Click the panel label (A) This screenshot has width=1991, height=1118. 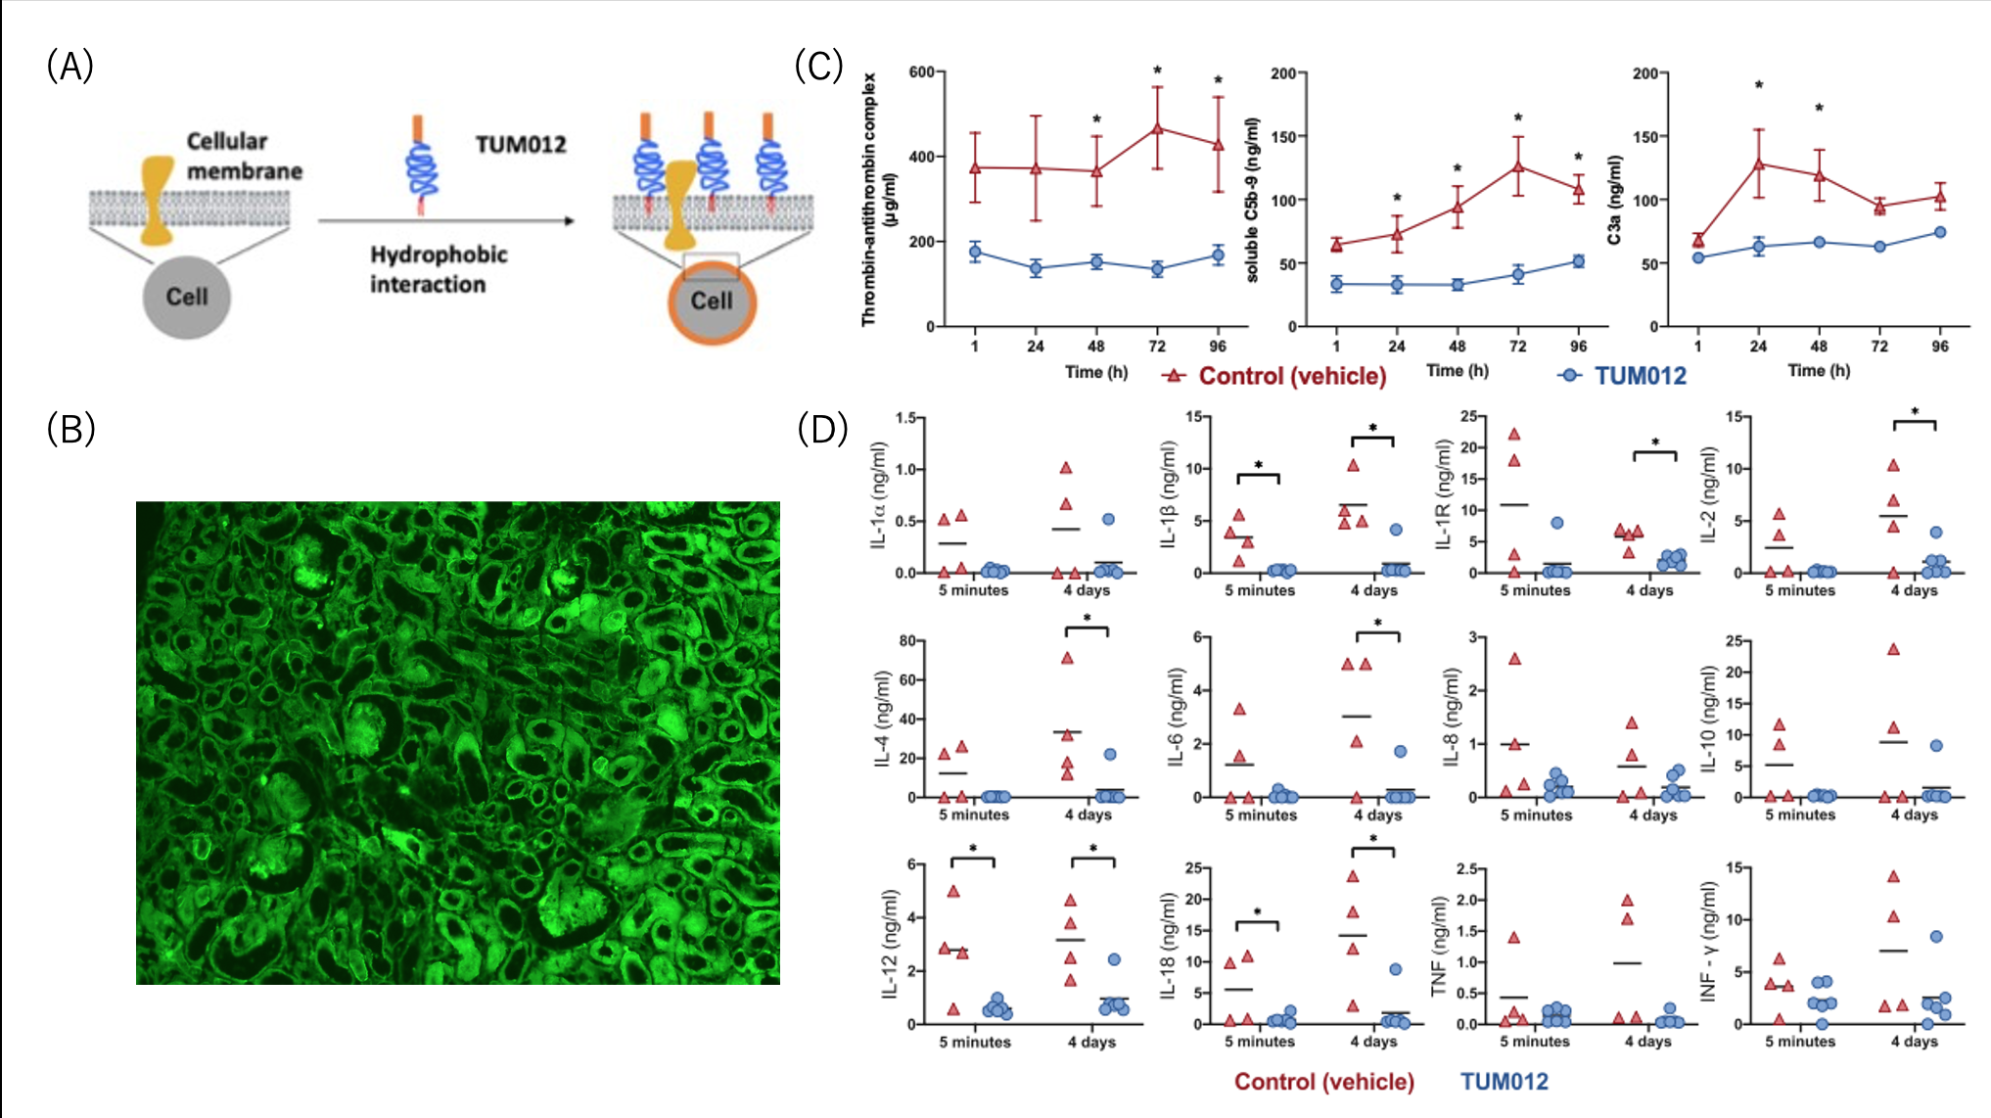pos(69,67)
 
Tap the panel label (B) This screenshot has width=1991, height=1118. pos(70,429)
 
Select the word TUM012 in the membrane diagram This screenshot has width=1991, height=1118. pos(521,145)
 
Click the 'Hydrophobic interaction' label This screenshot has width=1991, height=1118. pos(438,269)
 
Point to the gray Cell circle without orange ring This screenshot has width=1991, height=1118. pos(186,298)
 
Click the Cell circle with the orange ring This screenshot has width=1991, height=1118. pos(712,302)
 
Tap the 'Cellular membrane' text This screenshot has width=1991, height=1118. pos(244,156)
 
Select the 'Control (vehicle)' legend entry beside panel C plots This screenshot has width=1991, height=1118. pos(1291,376)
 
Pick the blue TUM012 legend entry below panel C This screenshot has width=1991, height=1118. pos(1640,376)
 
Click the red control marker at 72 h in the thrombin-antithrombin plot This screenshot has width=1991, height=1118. pos(1157,128)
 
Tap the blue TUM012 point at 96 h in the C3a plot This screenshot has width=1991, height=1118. pos(1939,232)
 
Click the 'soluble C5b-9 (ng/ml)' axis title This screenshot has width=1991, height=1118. pos(1252,201)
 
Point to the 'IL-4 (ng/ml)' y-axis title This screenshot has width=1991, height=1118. pos(882,719)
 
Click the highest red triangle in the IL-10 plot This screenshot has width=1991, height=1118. pos(1893,649)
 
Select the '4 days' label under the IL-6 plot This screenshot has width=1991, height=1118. pos(1378,815)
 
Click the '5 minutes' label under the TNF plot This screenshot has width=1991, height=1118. pos(1535,1042)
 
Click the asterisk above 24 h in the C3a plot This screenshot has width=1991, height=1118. pos(1758,86)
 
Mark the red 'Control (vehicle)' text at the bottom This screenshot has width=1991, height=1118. pos(1323,1082)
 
